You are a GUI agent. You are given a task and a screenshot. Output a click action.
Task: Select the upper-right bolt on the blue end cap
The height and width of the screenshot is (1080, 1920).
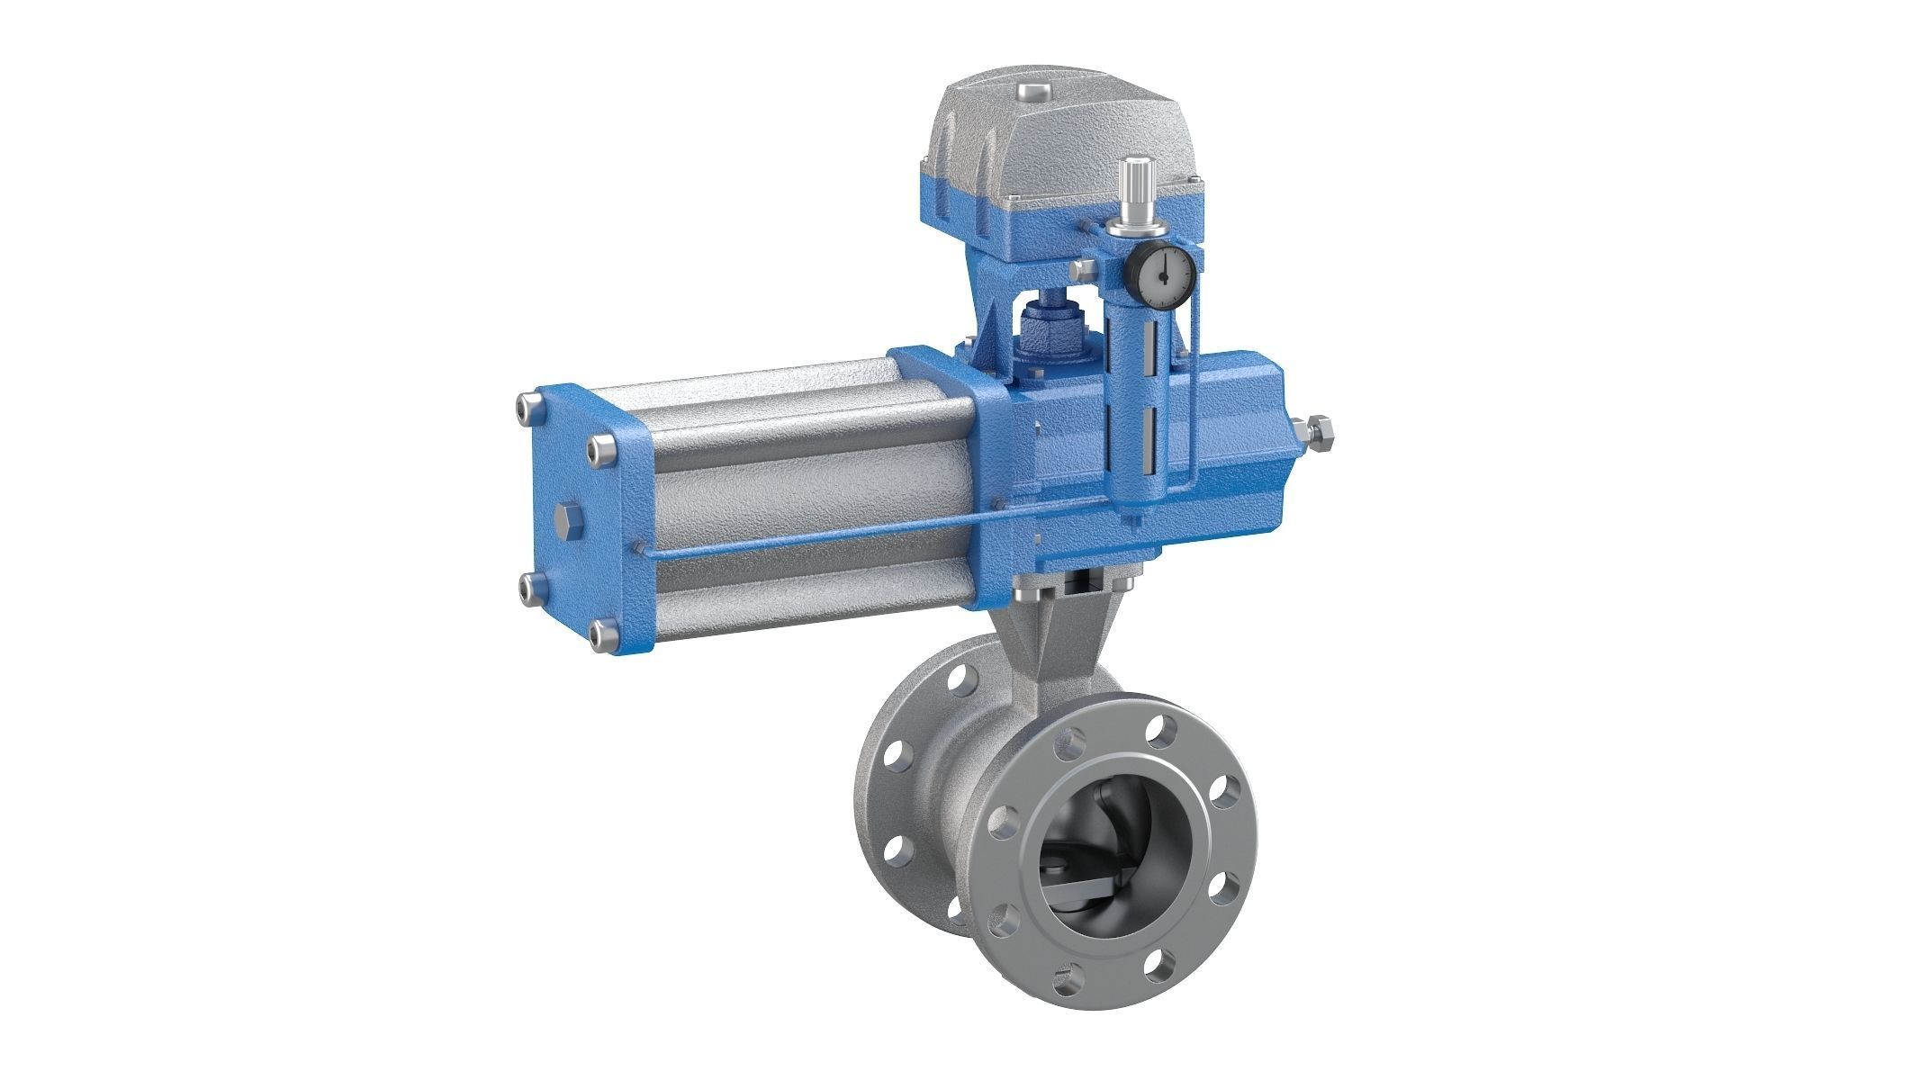[x=599, y=449]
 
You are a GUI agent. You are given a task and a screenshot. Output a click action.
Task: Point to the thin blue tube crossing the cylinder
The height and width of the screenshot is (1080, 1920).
[x=810, y=534]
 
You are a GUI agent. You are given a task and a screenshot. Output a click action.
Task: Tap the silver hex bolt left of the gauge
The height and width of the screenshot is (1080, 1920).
[x=1085, y=270]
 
